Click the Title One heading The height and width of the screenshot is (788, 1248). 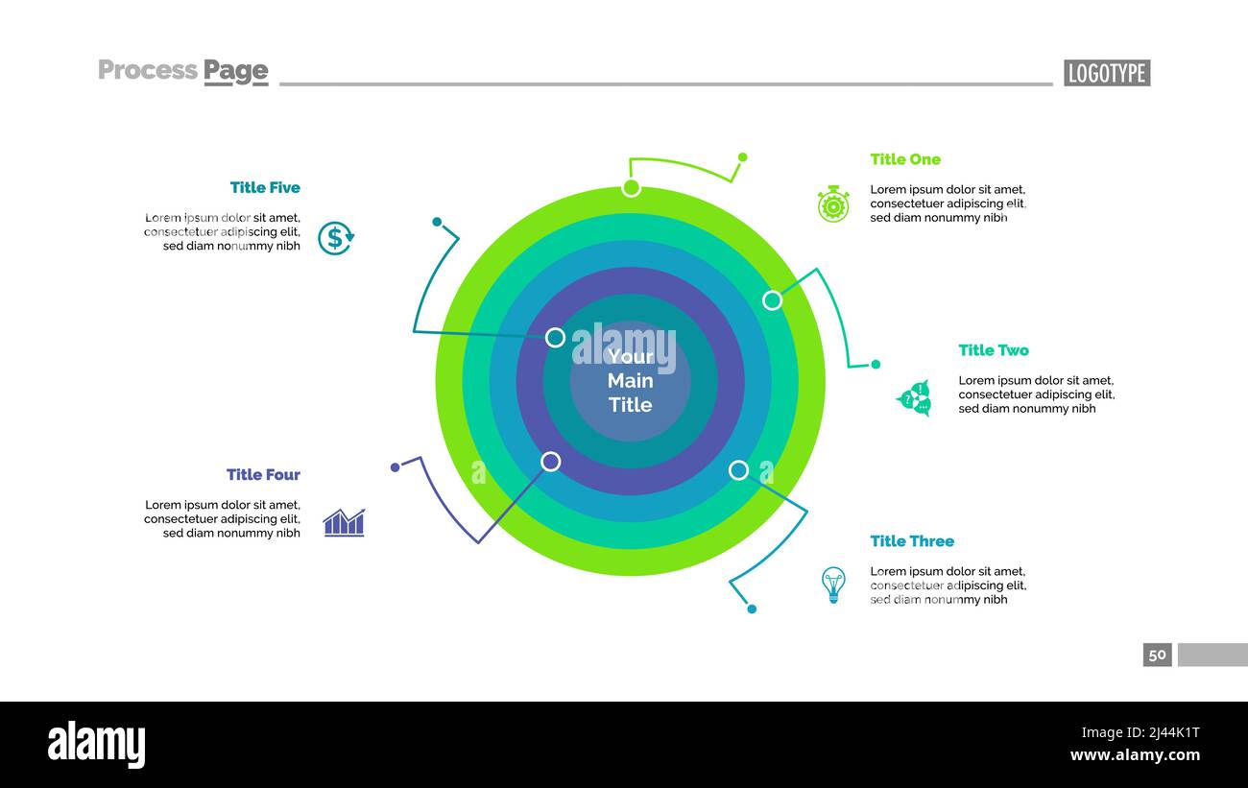pos(905,159)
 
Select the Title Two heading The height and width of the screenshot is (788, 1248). pos(994,350)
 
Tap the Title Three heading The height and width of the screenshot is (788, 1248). pos(912,541)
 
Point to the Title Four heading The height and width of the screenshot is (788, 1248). pos(263,474)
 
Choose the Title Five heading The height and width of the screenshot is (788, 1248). pos(265,188)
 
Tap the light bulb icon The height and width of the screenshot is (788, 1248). pos(833,585)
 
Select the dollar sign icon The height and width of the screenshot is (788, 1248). pos(336,238)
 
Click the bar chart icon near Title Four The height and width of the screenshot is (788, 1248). pos(345,523)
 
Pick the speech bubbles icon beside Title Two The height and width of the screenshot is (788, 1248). pos(914,398)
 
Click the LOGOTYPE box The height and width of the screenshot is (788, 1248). pos(1107,73)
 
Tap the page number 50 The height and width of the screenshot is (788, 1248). pos(1157,655)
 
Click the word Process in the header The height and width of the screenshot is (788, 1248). pos(148,70)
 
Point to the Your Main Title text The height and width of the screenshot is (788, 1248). pos(630,381)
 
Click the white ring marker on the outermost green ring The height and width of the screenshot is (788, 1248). pos(631,188)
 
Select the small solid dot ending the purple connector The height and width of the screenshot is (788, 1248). pos(395,467)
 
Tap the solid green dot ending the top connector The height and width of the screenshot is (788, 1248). pos(743,157)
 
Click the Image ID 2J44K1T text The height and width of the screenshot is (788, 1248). pos(1140,732)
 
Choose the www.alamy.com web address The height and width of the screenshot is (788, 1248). pos(1135,755)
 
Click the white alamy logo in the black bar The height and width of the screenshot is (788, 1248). pos(96,744)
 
